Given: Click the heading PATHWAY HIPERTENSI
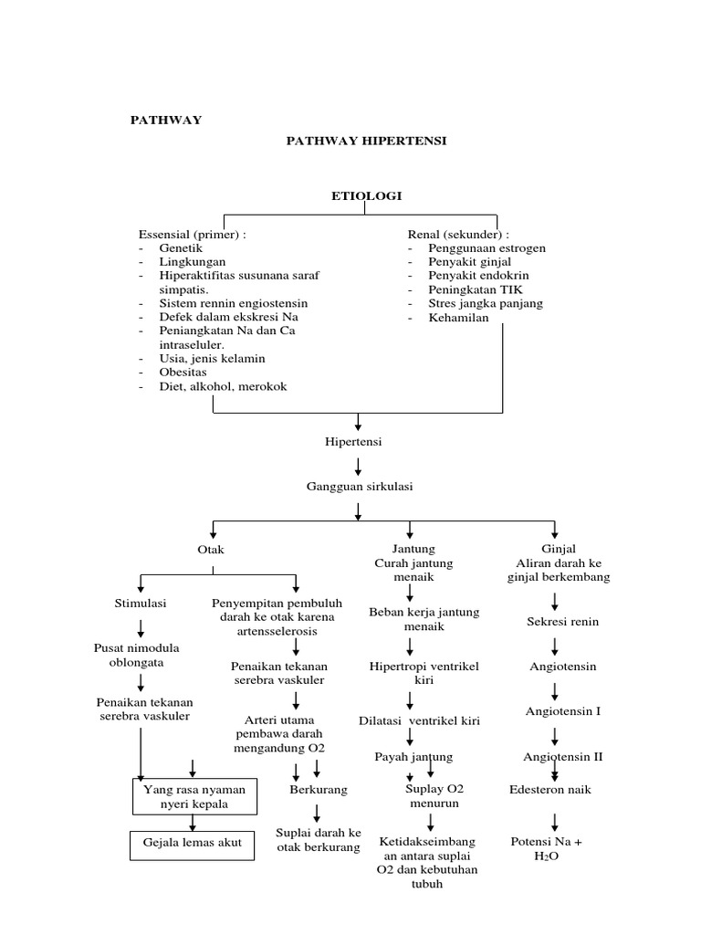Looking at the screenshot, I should (x=367, y=141).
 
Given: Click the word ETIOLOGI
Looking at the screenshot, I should (x=365, y=195).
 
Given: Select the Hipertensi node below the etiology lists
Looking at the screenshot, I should (x=353, y=441).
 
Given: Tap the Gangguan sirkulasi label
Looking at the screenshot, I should (x=359, y=487).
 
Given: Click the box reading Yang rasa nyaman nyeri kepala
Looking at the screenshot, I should (x=195, y=795).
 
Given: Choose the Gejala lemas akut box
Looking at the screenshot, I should (x=193, y=844).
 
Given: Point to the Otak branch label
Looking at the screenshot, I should (x=211, y=550).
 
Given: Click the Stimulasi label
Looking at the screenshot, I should (x=141, y=604).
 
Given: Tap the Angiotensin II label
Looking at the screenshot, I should (x=563, y=757).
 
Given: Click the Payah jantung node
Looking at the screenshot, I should (x=413, y=757).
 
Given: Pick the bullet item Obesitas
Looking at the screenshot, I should (x=183, y=372).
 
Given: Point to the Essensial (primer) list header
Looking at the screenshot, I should (x=193, y=234).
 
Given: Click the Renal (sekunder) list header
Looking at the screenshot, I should (x=458, y=234).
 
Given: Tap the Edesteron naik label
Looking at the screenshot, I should (x=550, y=789).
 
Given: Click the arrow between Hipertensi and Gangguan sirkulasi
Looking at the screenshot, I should (x=359, y=465).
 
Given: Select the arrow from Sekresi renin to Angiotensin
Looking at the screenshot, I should (x=555, y=645).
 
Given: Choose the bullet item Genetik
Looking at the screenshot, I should (x=181, y=247).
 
